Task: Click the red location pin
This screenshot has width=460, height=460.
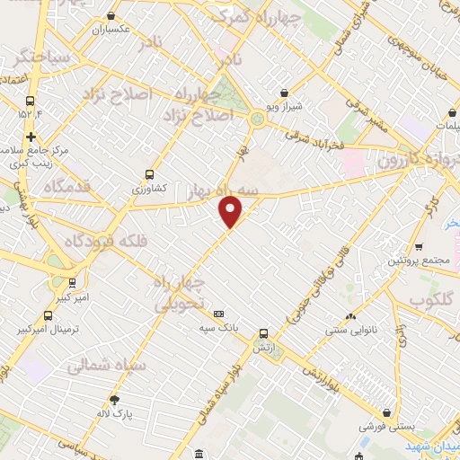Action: (x=231, y=211)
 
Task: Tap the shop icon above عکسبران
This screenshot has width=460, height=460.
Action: (x=111, y=15)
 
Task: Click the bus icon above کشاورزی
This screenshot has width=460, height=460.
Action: (x=148, y=175)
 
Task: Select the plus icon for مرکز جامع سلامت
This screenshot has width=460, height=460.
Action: (x=31, y=137)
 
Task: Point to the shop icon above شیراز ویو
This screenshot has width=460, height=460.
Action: (x=285, y=93)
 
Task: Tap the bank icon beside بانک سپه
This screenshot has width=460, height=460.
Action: (x=219, y=314)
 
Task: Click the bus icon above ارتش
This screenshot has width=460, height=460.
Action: (x=263, y=332)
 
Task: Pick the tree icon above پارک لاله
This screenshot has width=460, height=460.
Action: (x=114, y=400)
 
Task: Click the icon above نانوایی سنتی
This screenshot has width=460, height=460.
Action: (x=349, y=317)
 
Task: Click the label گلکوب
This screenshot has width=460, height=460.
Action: (x=434, y=299)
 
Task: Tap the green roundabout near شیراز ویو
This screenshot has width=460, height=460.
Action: (x=258, y=119)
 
